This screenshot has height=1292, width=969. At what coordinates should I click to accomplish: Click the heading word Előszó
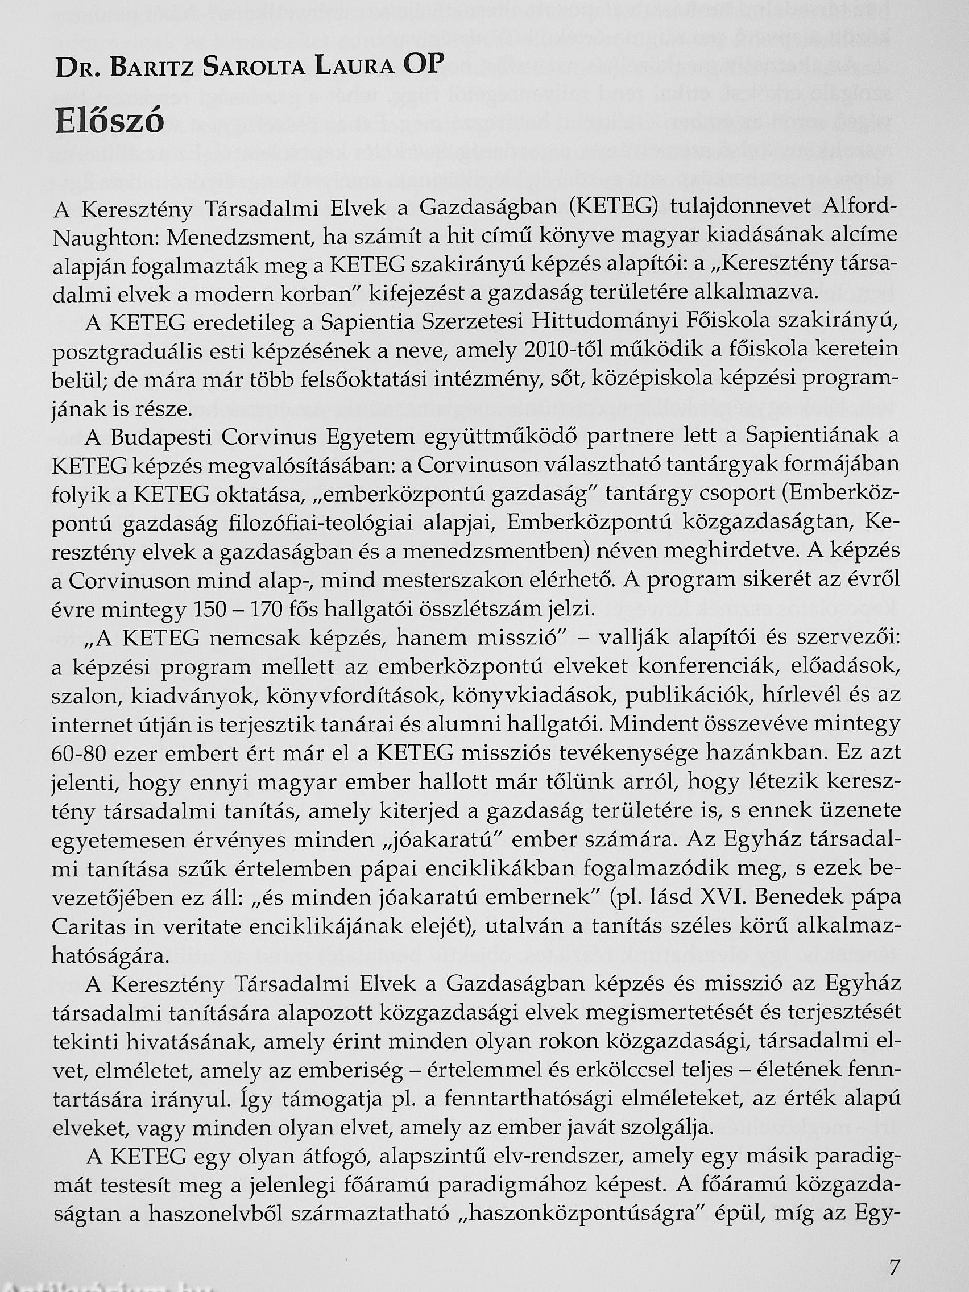110,123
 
